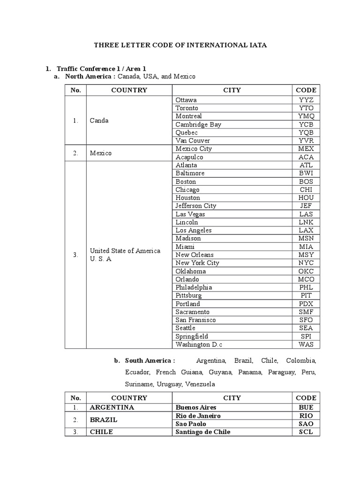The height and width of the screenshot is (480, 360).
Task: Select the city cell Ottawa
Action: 186,100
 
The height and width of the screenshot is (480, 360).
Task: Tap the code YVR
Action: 306,141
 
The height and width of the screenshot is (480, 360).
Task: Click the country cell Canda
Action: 99,120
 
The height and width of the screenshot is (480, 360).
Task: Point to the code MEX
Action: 306,149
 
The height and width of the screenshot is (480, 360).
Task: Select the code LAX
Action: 306,230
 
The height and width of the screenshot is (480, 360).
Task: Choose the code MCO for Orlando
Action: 306,279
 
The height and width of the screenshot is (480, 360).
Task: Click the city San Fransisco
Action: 195,320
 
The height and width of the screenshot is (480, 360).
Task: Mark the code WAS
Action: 306,345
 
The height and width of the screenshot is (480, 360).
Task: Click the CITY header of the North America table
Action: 232,90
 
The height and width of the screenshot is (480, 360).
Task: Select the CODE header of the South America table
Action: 306,398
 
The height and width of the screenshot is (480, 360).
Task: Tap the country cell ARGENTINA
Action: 112,407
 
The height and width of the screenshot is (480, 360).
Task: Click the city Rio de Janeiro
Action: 198,416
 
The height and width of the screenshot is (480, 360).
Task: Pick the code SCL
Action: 306,432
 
